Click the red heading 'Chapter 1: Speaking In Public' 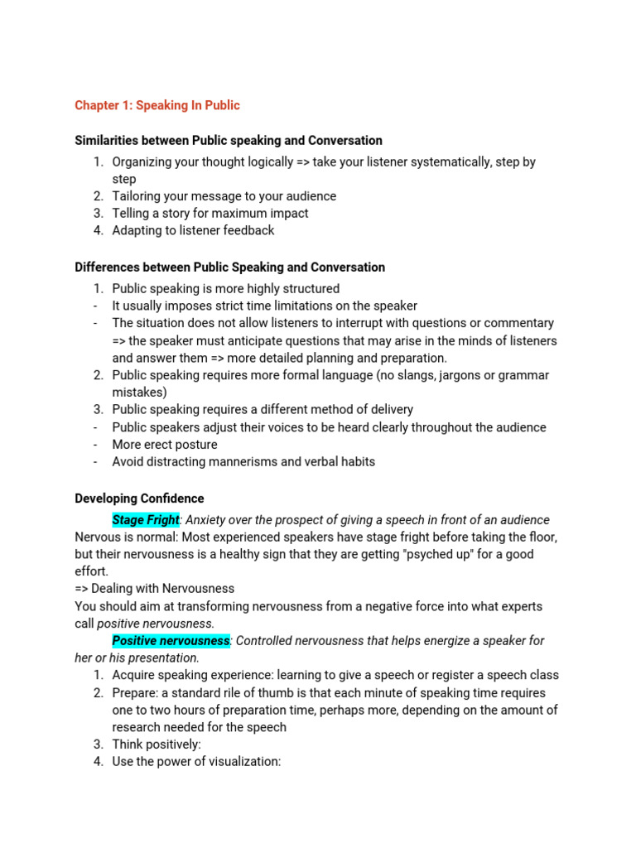tap(157, 105)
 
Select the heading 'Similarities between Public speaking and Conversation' tap(229, 140)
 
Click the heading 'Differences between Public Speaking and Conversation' tap(229, 267)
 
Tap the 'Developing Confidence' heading tap(139, 499)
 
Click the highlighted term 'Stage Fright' tap(146, 520)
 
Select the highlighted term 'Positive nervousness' tap(171, 641)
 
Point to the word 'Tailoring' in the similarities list tap(138, 196)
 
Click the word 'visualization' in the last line tap(241, 762)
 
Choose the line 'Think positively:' tap(157, 744)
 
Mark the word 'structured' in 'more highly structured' tap(308, 289)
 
